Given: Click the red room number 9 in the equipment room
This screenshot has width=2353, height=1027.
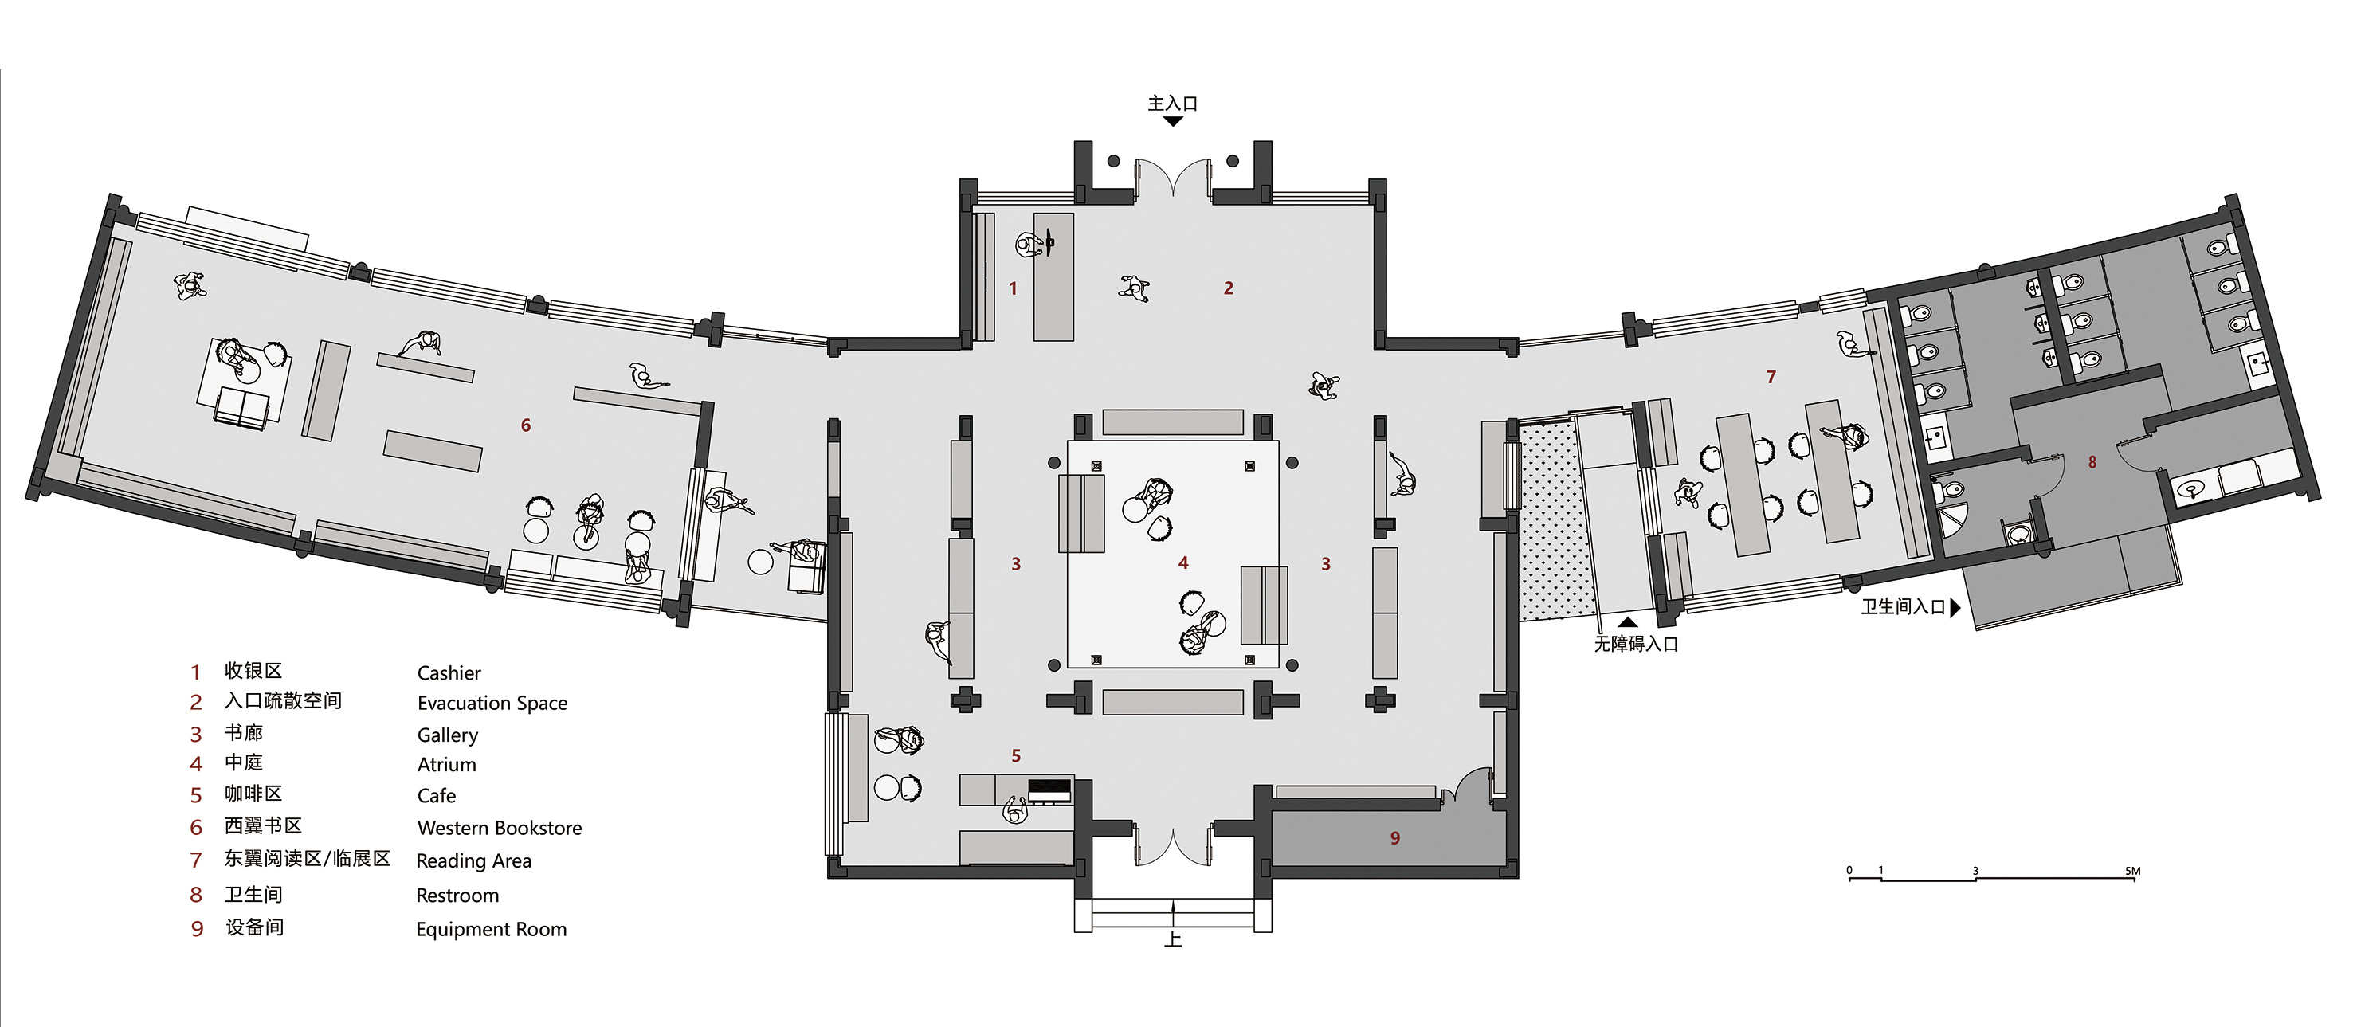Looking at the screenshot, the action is pyautogui.click(x=1394, y=838).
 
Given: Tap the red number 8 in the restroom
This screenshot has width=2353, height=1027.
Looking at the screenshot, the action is pyautogui.click(x=2092, y=462).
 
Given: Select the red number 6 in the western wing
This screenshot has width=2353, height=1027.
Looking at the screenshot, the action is pyautogui.click(x=525, y=425).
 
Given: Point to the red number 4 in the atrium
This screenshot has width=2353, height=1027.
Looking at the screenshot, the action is pyautogui.click(x=1183, y=562).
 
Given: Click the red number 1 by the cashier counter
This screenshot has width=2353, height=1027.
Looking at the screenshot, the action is pyautogui.click(x=1012, y=288).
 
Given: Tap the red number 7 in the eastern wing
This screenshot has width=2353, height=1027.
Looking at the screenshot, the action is pyautogui.click(x=1771, y=376).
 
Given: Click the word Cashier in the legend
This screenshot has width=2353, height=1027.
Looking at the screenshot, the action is pyautogui.click(x=449, y=673).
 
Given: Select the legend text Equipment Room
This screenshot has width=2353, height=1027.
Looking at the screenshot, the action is pyautogui.click(x=492, y=930).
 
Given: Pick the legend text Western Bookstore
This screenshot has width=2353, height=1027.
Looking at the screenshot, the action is pyautogui.click(x=500, y=828).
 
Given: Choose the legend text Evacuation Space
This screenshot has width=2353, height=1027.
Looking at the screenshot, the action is pyautogui.click(x=492, y=704).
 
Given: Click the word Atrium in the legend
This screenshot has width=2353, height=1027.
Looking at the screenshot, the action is pyautogui.click(x=447, y=765).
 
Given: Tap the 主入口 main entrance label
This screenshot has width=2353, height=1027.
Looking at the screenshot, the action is pyautogui.click(x=1173, y=104).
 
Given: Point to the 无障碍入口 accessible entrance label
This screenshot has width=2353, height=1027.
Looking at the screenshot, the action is pyautogui.click(x=1636, y=644).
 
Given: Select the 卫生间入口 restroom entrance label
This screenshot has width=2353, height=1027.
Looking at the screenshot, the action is pyautogui.click(x=1904, y=606).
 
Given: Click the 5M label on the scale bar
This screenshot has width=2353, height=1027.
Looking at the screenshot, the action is pyautogui.click(x=2133, y=871).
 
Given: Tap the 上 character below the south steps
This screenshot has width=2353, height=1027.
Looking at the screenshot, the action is pyautogui.click(x=1173, y=939).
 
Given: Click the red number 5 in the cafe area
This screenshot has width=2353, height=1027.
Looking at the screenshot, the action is pyautogui.click(x=1016, y=755).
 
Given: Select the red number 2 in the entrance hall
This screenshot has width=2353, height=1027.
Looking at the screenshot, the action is pyautogui.click(x=1229, y=288).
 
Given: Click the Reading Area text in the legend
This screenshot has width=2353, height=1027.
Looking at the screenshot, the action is pyautogui.click(x=473, y=860).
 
